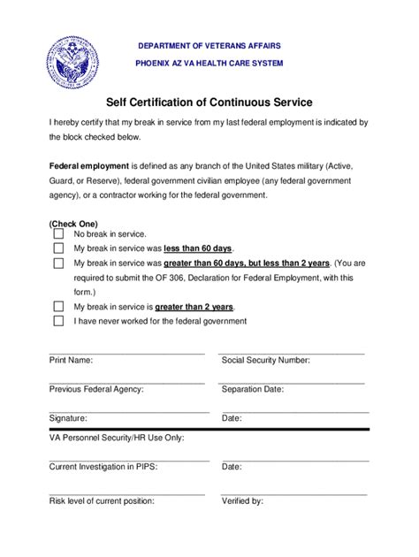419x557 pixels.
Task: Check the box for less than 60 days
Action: [58, 249]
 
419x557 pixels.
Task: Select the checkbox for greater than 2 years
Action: [58, 307]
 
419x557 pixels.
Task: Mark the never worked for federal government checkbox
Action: [58, 321]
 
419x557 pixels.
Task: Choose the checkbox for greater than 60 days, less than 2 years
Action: [58, 263]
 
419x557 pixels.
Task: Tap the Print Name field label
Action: [71, 361]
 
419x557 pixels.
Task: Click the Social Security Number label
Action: [265, 361]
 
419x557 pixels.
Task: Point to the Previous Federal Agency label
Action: [96, 389]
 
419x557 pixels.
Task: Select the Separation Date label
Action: [253, 389]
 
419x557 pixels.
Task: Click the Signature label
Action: [68, 417]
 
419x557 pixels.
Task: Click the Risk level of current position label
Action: [102, 501]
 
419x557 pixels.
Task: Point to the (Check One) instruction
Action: [73, 223]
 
